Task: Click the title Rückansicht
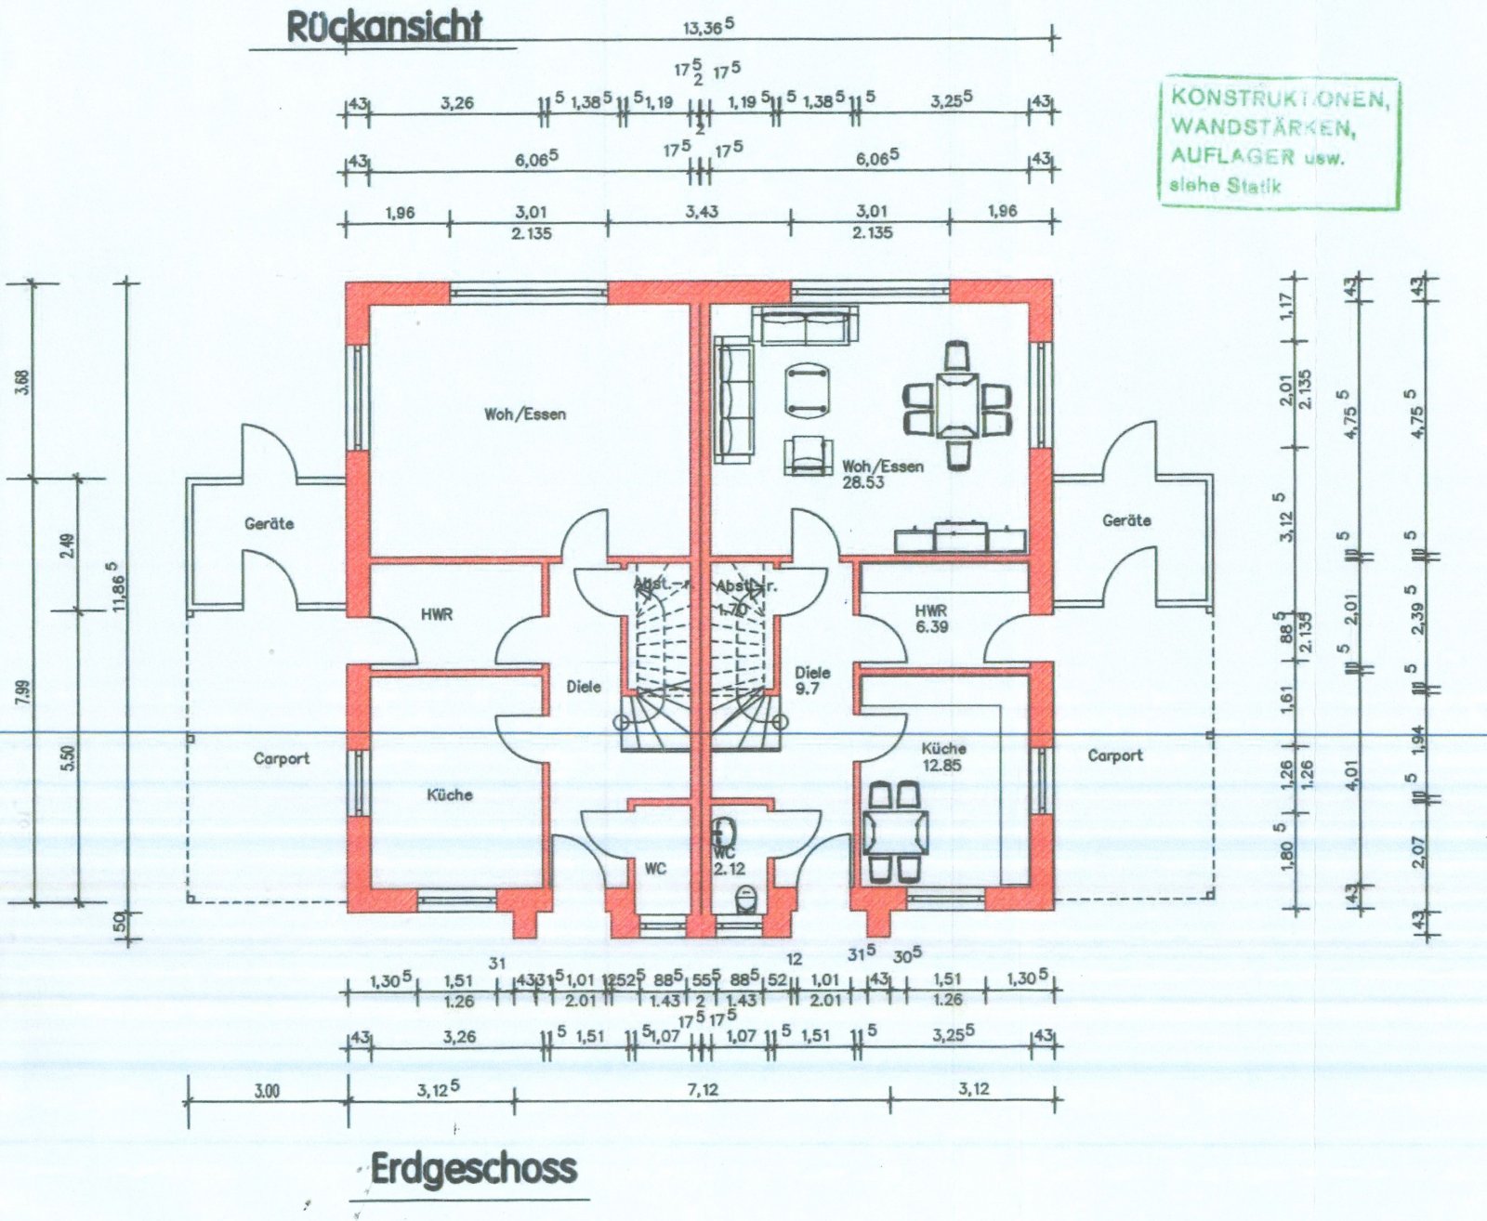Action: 384,27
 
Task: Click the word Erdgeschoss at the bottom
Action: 474,1169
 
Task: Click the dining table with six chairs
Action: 957,403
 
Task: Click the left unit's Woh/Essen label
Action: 524,414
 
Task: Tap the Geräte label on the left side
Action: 269,524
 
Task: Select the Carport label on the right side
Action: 1114,755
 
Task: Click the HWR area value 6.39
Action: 931,627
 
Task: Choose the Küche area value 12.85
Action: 941,765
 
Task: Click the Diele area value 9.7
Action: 807,689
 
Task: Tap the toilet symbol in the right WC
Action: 745,898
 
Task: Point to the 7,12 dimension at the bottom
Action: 703,1089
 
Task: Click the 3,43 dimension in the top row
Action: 703,211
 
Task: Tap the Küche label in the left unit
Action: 450,795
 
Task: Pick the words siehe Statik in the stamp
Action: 1224,185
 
